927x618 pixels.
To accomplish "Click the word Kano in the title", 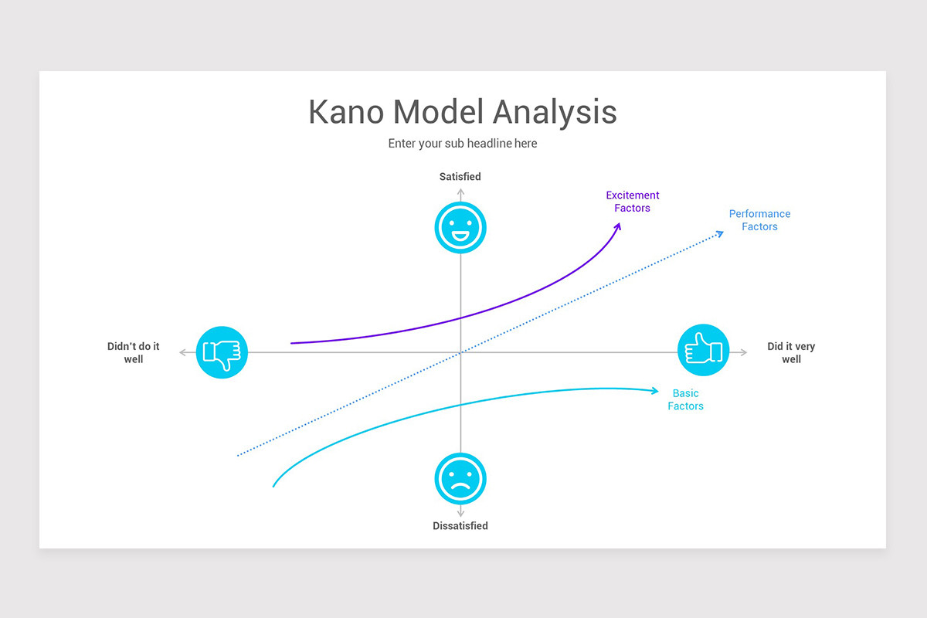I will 346,112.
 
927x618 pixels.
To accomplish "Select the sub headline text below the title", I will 462,144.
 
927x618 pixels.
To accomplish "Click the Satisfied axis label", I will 460,177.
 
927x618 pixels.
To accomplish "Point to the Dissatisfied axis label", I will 460,526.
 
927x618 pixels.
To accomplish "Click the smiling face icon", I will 460,227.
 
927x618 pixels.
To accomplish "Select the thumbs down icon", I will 222,353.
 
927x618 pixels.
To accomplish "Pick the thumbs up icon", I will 703,350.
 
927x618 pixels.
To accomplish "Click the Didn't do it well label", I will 134,353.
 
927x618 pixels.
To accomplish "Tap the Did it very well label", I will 791,353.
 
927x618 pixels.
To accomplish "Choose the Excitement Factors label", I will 633,202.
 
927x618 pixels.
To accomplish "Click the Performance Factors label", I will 759,220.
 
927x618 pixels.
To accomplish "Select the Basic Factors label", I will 686,399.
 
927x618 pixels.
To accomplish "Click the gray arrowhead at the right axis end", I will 744,353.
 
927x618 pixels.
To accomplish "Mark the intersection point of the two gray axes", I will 460,353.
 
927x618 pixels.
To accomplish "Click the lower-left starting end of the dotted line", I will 238,455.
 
